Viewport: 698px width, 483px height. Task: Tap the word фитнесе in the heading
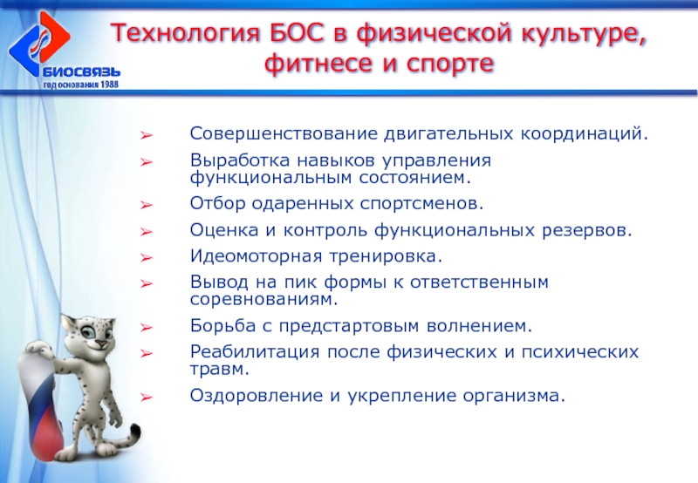(x=317, y=64)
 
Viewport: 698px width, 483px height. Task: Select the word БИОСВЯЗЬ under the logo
(x=81, y=72)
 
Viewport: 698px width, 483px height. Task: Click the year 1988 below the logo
(x=110, y=84)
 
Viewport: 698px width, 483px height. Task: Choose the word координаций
(x=584, y=134)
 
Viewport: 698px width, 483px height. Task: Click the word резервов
(x=586, y=230)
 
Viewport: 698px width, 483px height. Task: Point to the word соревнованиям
(x=264, y=299)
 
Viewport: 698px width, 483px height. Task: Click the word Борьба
(x=222, y=325)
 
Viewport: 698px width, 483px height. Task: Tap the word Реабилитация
(x=255, y=352)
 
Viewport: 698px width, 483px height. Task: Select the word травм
(x=220, y=369)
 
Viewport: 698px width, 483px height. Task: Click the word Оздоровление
(x=256, y=396)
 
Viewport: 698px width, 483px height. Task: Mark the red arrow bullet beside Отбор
(x=147, y=206)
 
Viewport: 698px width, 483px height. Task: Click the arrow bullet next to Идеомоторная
(x=147, y=258)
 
